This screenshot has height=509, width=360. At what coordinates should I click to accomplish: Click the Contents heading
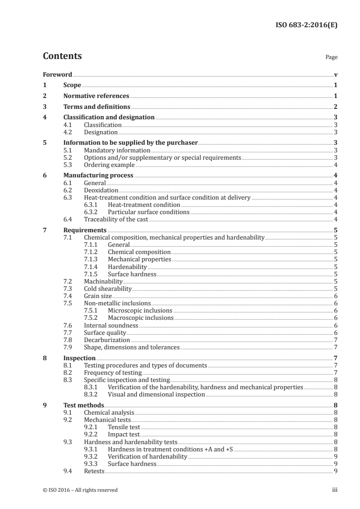coord(62,56)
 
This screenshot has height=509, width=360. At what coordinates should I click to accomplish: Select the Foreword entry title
coord(57,74)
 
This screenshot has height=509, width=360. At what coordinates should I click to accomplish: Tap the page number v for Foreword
coord(335,74)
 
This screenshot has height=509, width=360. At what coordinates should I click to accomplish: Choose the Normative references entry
coord(96,96)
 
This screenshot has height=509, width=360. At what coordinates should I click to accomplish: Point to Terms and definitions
coord(97,107)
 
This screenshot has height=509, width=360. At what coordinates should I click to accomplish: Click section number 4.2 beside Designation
coord(68,132)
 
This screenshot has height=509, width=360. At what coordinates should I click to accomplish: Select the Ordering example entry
coord(109,165)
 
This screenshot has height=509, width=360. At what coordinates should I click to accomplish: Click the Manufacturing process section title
coord(98,175)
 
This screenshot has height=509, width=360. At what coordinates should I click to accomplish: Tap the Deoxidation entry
coord(101,190)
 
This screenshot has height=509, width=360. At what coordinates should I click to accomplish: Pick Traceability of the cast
coord(116,219)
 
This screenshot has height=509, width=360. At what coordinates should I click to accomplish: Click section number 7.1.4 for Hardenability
coord(92,267)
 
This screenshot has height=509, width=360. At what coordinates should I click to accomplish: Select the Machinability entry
coord(103,281)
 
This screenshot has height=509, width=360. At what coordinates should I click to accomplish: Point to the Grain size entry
coord(98,296)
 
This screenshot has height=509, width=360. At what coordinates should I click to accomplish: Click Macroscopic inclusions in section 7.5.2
coord(141,318)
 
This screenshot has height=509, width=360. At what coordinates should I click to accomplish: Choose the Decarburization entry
coord(107,339)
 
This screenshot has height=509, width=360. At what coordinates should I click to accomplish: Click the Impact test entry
coord(123,434)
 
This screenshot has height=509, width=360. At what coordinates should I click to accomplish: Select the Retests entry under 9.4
coord(94,471)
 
